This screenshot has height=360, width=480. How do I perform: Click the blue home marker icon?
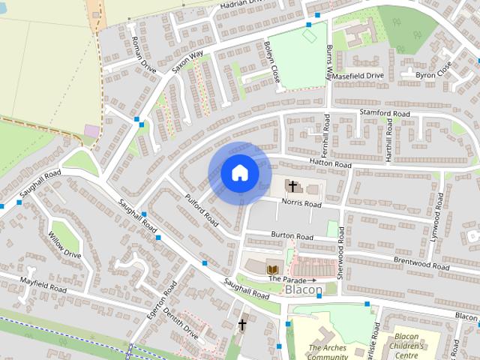pyautogui.click(x=239, y=173)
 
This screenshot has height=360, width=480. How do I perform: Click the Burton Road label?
pyautogui.click(x=292, y=236)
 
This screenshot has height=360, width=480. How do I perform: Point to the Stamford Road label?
pyautogui.click(x=385, y=113)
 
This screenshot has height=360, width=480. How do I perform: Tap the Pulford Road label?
pyautogui.click(x=201, y=209)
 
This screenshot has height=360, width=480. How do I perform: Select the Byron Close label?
pyautogui.click(x=434, y=70)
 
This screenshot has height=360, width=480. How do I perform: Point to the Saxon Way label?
pyautogui.click(x=187, y=61)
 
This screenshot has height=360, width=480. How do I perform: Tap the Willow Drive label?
pyautogui.click(x=64, y=244)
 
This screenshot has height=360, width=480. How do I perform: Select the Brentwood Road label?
pyautogui.click(x=421, y=263)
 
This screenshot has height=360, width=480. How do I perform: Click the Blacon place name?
pyautogui.click(x=303, y=289)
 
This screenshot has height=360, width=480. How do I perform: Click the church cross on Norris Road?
pyautogui.click(x=292, y=185)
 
